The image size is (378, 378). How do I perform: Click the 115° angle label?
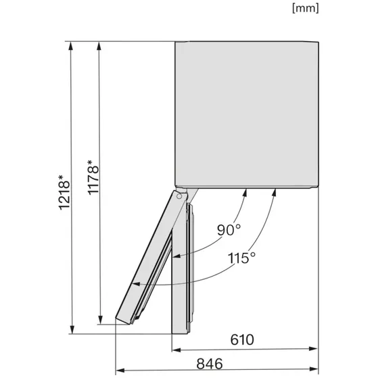point(241,258)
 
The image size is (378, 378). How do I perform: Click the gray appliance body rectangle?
point(247,115)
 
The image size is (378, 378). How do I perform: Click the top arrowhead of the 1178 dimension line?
point(100,46)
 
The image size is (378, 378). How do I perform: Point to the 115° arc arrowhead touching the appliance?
point(275,193)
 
